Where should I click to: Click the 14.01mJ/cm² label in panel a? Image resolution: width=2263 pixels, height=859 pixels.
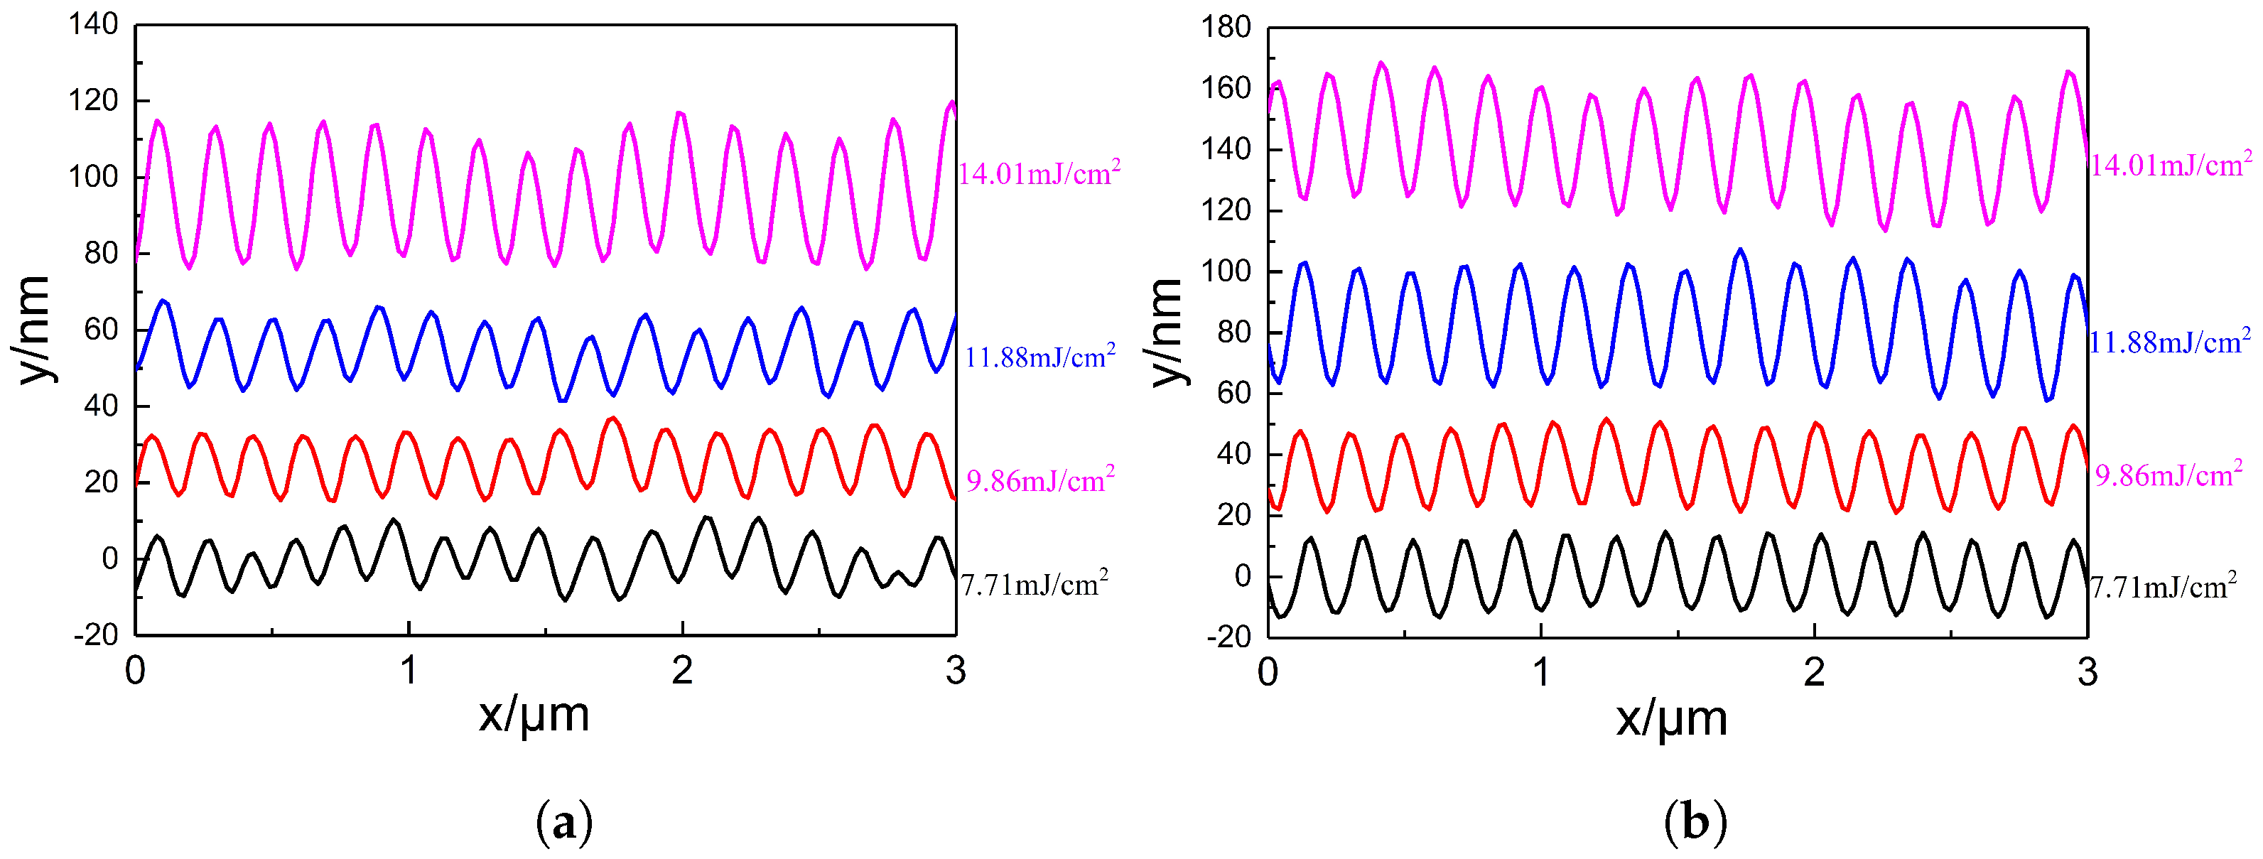click(1038, 173)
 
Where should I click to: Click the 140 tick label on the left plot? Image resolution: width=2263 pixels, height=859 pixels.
click(93, 25)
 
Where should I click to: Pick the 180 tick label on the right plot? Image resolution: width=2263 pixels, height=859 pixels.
click(1226, 27)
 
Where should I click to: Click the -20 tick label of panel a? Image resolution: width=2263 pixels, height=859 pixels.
click(96, 634)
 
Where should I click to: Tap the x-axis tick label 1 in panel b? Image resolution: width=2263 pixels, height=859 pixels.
click(1541, 674)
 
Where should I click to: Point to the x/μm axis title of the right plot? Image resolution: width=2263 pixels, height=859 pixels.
click(1672, 718)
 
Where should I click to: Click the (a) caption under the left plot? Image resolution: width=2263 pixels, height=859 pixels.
click(564, 823)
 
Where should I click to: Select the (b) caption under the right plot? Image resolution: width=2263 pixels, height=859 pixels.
click(1695, 823)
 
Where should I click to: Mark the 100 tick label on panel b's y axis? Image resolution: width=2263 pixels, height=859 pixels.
click(1226, 271)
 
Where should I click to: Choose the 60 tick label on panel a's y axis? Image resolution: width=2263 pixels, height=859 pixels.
click(101, 330)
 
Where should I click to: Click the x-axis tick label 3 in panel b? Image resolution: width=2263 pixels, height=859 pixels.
click(2088, 674)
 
